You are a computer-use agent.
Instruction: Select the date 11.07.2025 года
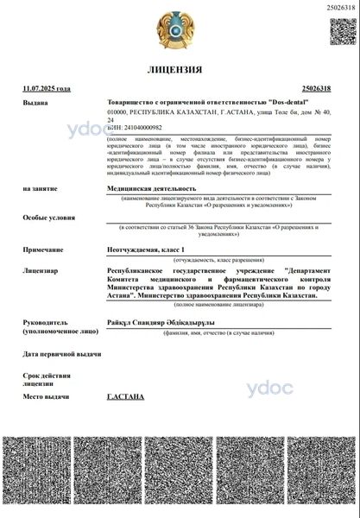[47, 88]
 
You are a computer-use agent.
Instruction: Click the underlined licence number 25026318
[321, 88]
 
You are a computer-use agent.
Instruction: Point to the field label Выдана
[36, 103]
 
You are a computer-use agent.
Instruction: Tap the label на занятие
[41, 187]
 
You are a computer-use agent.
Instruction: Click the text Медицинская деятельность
[151, 187]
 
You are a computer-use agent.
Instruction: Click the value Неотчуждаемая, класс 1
[146, 250]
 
